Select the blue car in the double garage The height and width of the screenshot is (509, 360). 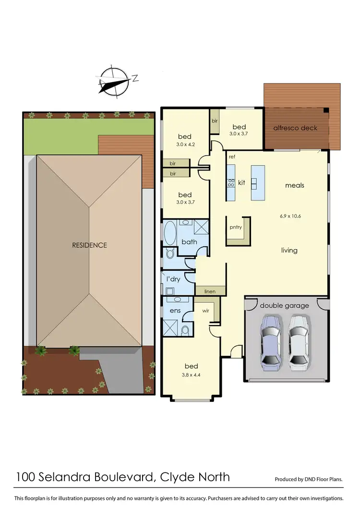click(x=270, y=342)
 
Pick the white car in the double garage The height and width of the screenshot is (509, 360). click(x=298, y=342)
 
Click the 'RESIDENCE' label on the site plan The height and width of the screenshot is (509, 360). click(x=89, y=245)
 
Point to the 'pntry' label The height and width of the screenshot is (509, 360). click(x=236, y=227)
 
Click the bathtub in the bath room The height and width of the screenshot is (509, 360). click(x=170, y=234)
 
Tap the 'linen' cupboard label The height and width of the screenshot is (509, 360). click(x=209, y=291)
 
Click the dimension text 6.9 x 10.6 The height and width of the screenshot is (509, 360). click(x=290, y=216)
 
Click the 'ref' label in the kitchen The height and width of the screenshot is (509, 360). click(x=232, y=157)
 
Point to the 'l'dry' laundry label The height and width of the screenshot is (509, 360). click(x=173, y=279)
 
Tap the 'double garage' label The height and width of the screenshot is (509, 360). click(x=284, y=305)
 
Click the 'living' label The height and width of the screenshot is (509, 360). click(x=289, y=250)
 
